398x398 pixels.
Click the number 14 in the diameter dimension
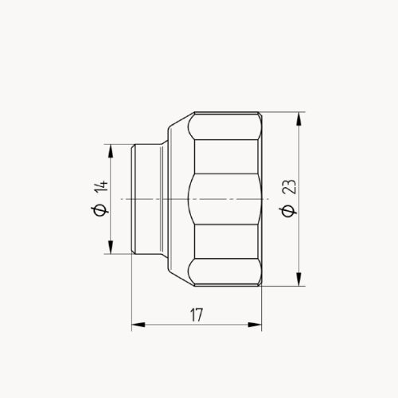[99, 188]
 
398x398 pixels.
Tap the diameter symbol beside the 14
[99, 210]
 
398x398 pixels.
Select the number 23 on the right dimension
[288, 188]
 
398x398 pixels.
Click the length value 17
[196, 315]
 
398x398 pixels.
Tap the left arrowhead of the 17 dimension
[136, 325]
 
